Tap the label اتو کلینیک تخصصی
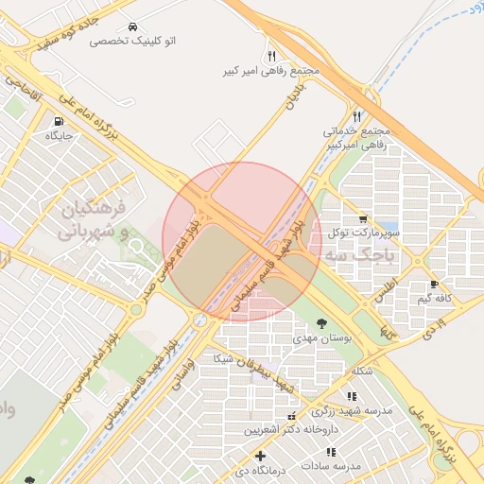[x=133, y=42]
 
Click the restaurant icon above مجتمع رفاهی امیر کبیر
[x=272, y=56]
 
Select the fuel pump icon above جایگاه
[x=60, y=121]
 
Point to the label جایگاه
[x=60, y=136]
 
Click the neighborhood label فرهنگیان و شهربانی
[x=100, y=218]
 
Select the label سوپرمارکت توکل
[x=364, y=233]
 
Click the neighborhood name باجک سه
[x=363, y=256]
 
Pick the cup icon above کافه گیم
[x=434, y=284]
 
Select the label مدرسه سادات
[x=332, y=466]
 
